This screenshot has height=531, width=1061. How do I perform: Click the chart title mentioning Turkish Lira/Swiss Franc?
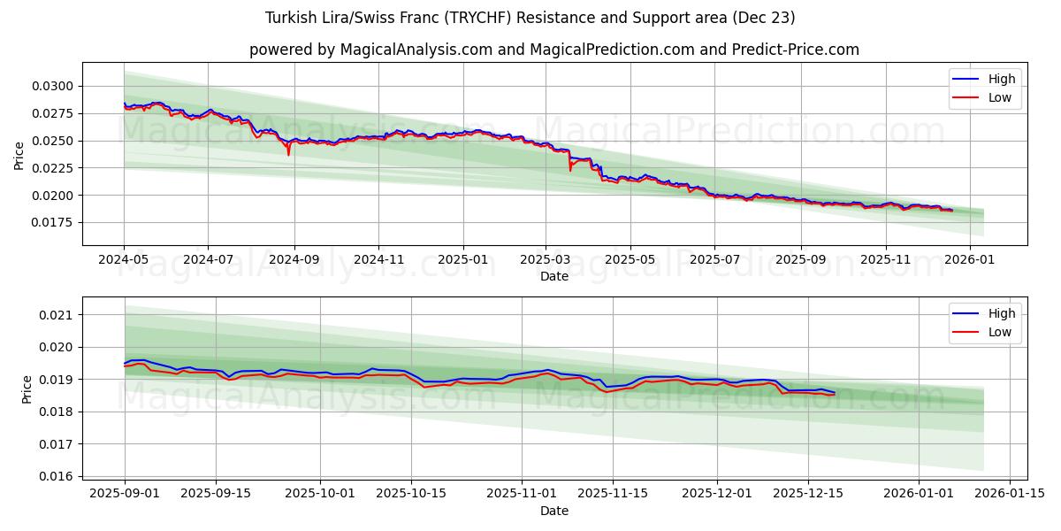pos(530,18)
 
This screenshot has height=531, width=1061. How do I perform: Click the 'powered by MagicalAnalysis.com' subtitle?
pos(553,50)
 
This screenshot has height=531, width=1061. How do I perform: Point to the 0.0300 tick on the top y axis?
pos(55,86)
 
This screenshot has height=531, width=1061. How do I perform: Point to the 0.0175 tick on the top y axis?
pos(55,222)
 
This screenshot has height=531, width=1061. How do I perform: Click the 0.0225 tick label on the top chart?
pos(55,168)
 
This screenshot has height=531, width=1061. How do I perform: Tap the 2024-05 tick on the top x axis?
pos(124,261)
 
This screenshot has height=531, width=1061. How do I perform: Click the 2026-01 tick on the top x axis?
pos(970,261)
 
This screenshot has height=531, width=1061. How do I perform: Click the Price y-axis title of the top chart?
pos(19,154)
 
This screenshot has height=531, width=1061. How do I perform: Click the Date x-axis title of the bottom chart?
pos(553,511)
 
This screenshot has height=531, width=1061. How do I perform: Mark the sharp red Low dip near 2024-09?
pos(288,154)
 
